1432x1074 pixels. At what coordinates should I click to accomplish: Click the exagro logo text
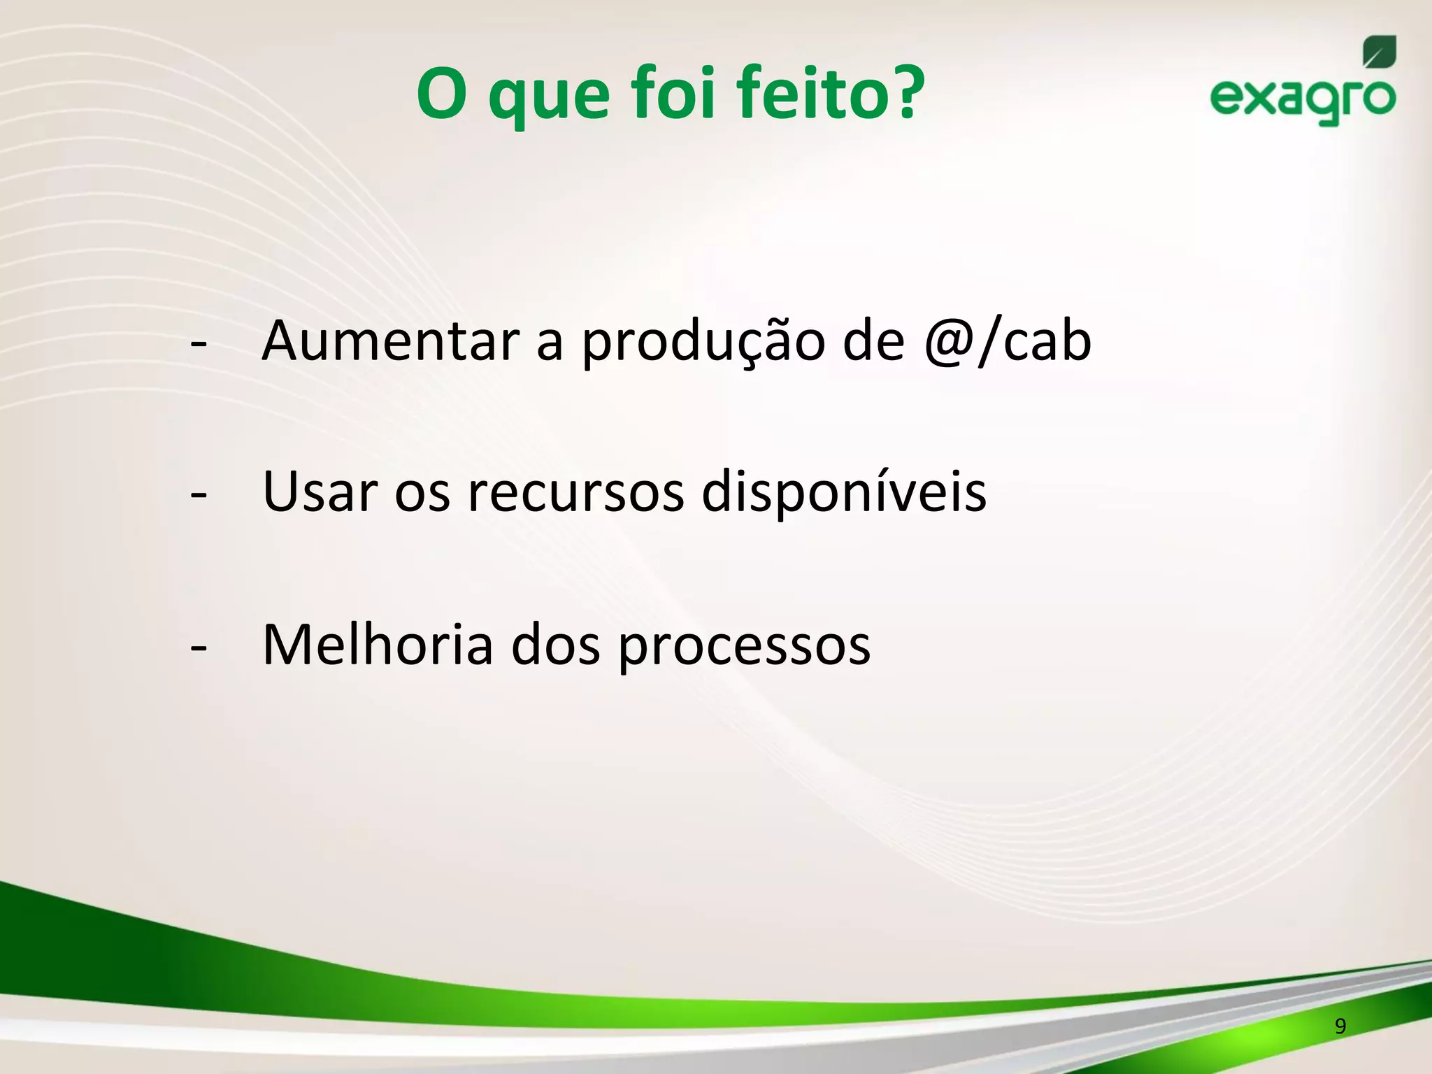1303,99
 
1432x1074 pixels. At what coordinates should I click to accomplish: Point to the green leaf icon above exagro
1379,52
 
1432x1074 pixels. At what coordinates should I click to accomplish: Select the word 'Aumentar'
390,341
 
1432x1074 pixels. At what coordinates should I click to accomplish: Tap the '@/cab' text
1007,343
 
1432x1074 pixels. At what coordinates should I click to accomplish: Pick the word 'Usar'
320,492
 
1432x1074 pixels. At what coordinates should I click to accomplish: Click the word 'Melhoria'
378,645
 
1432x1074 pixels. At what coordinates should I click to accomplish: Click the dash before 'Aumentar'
199,344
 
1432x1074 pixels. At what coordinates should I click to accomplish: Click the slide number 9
1340,1026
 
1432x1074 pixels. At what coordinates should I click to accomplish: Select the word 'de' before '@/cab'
873,343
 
